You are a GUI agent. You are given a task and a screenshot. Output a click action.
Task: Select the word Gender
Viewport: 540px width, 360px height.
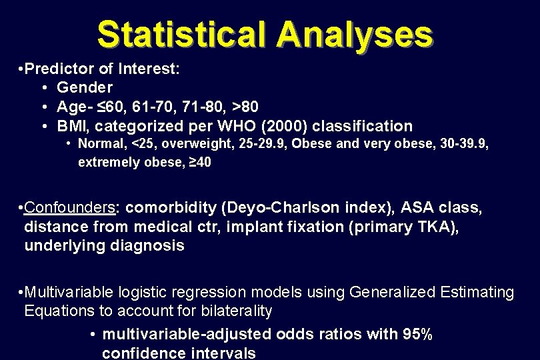click(x=85, y=87)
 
